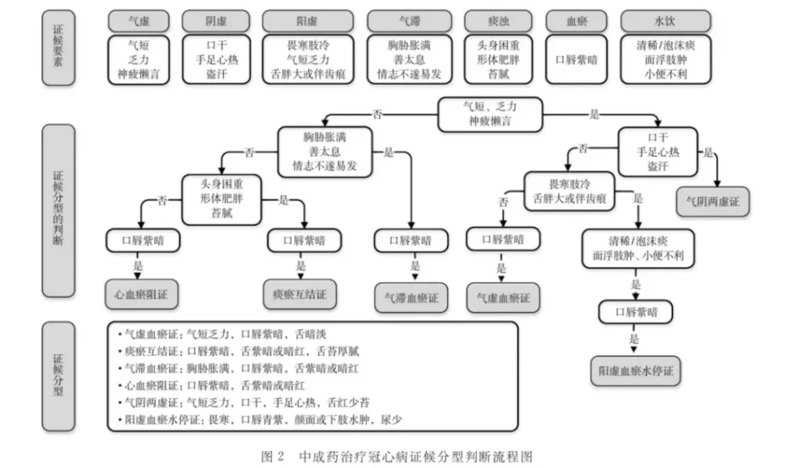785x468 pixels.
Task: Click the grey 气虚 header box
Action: click(139, 21)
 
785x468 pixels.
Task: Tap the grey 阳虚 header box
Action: click(308, 21)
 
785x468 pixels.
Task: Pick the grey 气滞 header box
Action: click(409, 21)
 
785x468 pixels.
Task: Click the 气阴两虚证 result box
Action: click(712, 201)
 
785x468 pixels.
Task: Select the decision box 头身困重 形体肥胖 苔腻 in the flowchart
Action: click(222, 198)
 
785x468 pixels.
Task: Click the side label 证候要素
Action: click(58, 48)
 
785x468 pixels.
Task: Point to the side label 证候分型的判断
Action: click(58, 210)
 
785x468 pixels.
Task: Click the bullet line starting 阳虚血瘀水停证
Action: click(261, 420)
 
